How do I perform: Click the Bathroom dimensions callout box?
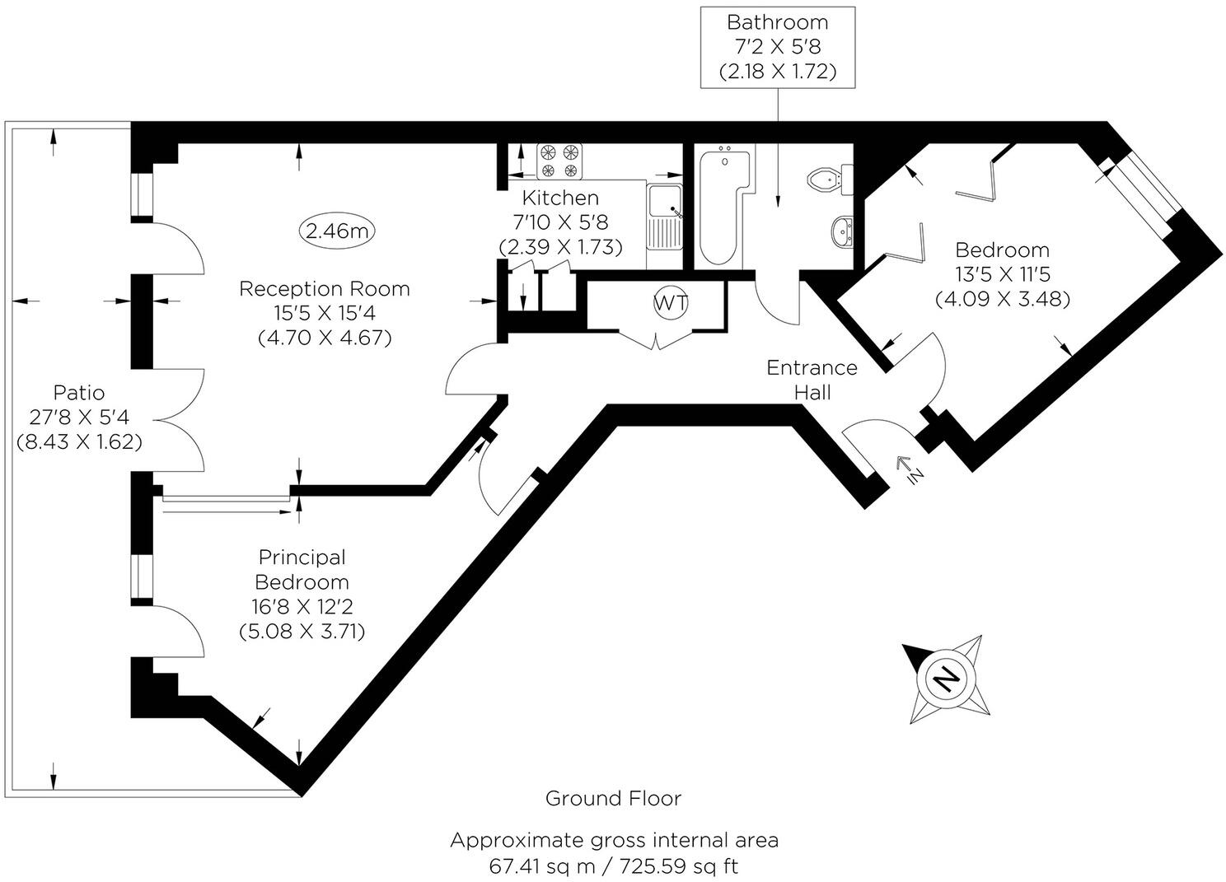coord(778,47)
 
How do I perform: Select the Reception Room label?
coord(324,313)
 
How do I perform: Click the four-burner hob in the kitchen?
coord(559,161)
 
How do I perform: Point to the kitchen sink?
coord(664,215)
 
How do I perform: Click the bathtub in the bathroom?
coord(723,205)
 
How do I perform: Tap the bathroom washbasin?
coord(840,231)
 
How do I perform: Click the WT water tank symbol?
coord(670,303)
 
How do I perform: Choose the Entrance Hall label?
coord(812,380)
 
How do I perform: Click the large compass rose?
coord(947,679)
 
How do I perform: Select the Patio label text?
coord(79,417)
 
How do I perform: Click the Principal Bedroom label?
coord(302,594)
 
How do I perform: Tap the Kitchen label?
coord(561,222)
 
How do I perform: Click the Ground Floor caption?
coord(613,798)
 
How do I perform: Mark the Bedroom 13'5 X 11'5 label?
coord(1002,274)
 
